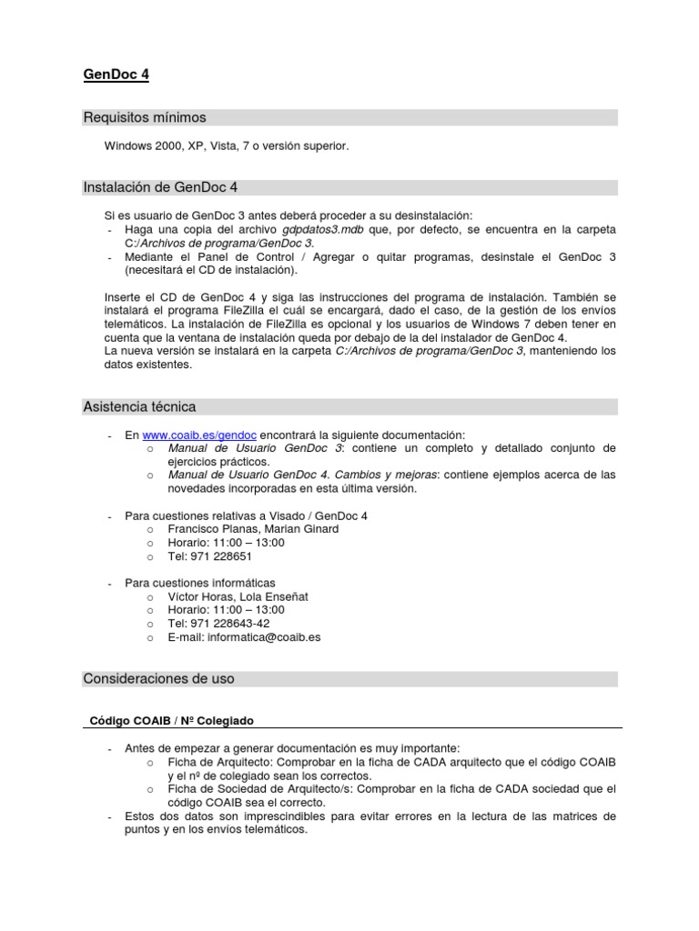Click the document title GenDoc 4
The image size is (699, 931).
116,75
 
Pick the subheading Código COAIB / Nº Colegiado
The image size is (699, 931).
171,720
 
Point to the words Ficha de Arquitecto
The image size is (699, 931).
220,762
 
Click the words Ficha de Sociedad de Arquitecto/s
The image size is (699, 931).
264,789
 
